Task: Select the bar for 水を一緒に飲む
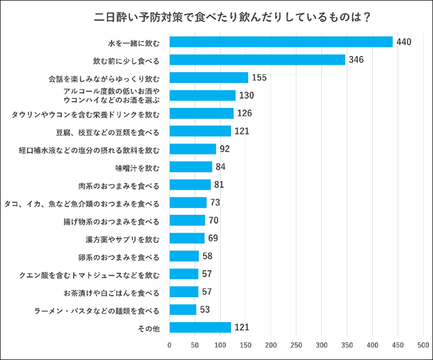[x=281, y=42]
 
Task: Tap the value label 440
[x=403, y=42]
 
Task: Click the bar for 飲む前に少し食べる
[x=257, y=60]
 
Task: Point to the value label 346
[x=356, y=60]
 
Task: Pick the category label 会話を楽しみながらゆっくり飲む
[x=104, y=78]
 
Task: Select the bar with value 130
[x=203, y=95]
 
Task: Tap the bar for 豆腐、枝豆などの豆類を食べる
[x=200, y=131]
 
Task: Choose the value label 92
[x=225, y=149]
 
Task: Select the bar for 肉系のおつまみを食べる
[x=190, y=185]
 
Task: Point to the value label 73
[x=215, y=203]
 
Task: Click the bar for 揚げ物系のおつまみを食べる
[x=187, y=221]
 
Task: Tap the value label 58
[x=207, y=256]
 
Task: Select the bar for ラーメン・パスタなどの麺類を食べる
[x=183, y=310]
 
